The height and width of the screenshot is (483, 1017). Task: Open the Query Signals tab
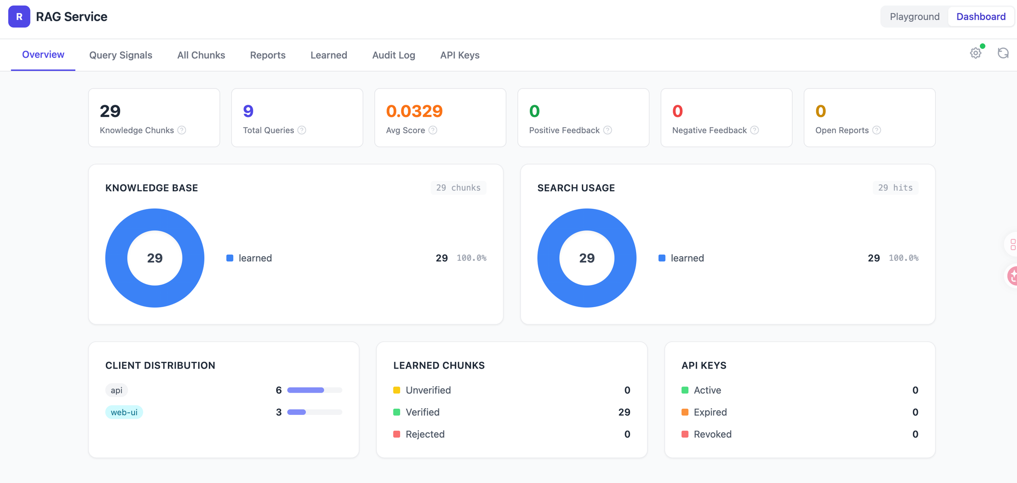coord(121,55)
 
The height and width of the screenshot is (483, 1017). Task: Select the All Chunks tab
coord(201,55)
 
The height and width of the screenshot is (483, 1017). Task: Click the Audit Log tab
coord(394,55)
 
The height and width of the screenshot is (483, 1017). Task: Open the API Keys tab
coord(460,55)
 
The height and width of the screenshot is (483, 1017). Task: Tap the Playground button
coord(914,17)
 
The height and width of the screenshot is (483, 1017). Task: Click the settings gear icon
coord(975,53)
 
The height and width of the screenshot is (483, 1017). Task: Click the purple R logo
coord(19,17)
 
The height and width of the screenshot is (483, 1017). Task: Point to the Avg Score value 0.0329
coord(414,111)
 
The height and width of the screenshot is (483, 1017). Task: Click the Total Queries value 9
coord(248,111)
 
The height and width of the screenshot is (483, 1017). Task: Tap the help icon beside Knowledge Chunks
coord(182,130)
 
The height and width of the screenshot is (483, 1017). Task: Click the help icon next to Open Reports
coord(877,130)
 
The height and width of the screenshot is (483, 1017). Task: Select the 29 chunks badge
coord(458,188)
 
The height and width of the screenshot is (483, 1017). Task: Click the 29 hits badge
coord(895,188)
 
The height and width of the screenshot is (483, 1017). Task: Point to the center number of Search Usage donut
coord(587,258)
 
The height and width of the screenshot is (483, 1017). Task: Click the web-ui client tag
coord(124,412)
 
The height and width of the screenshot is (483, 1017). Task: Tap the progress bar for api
coord(314,390)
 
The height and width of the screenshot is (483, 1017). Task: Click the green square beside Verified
coord(397,412)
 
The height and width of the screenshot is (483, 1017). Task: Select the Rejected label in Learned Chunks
coord(425,434)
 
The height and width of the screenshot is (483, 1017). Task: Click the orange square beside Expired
coord(685,412)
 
